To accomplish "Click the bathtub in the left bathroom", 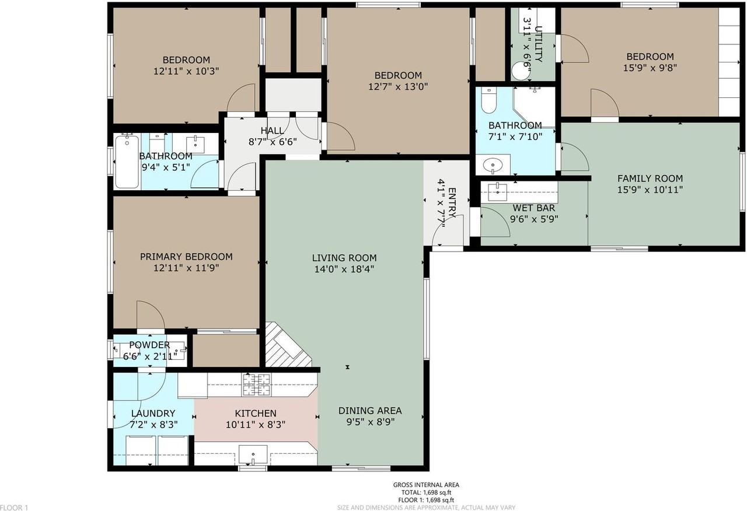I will [x=127, y=161].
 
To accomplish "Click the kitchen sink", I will [x=253, y=453].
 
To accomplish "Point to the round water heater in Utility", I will [x=519, y=72].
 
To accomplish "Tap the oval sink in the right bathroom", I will [x=493, y=166].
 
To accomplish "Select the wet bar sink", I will [x=498, y=188].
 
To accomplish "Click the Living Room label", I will [x=344, y=258].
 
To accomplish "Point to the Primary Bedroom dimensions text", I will [x=186, y=268].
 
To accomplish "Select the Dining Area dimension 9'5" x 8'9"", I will [x=370, y=421].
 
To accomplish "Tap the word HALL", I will [x=272, y=131].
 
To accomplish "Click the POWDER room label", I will [x=149, y=345].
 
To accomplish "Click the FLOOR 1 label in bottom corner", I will [x=14, y=508].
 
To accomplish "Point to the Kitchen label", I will [x=256, y=414].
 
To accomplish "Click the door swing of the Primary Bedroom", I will [x=150, y=315].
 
